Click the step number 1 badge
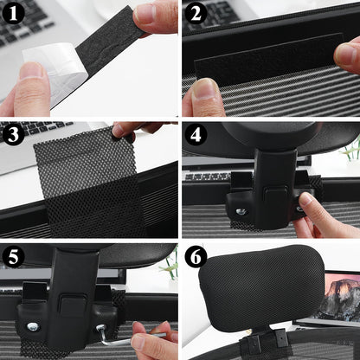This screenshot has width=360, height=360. [14, 14]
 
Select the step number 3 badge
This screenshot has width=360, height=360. [14, 135]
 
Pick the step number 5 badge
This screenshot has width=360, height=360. [14, 257]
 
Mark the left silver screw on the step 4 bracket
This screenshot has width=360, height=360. [241, 210]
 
